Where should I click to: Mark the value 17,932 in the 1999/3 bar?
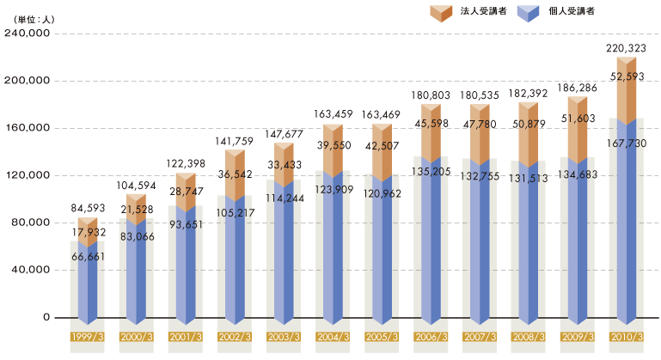pyautogui.click(x=92, y=232)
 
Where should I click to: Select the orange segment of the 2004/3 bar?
pyautogui.click(x=333, y=150)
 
